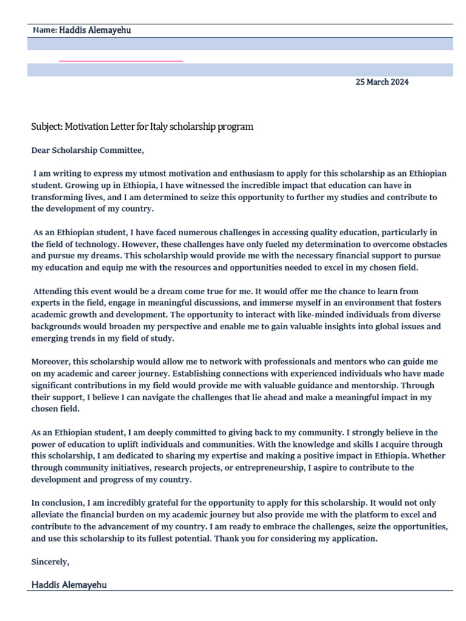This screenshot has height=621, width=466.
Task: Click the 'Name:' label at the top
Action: point(45,30)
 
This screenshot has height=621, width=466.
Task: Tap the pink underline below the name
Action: point(121,61)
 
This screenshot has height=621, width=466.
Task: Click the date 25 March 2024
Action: point(382,82)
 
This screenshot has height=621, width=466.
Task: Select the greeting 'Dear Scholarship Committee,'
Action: point(88,150)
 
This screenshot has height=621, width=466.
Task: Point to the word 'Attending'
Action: point(52,291)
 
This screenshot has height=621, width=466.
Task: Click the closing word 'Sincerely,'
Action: point(50,562)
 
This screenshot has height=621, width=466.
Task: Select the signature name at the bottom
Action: point(69,585)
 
